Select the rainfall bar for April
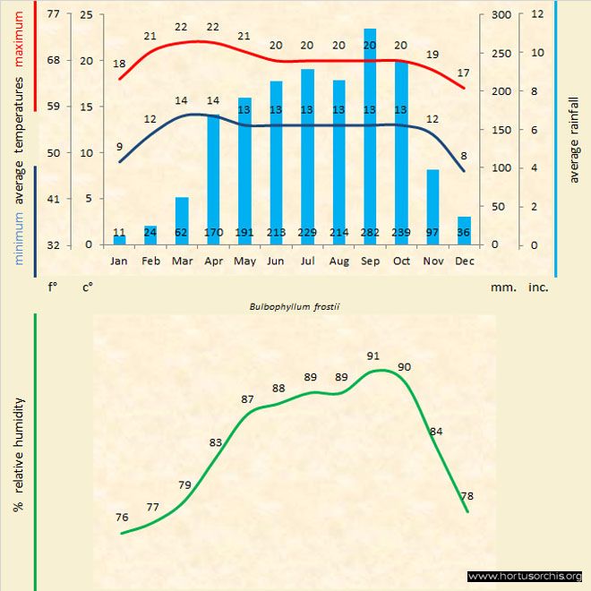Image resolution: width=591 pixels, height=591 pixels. (213, 179)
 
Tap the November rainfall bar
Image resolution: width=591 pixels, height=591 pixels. (433, 207)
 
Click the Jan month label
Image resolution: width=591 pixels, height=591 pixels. (119, 261)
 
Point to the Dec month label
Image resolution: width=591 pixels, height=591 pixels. (464, 261)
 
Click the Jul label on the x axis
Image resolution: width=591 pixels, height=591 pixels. (307, 261)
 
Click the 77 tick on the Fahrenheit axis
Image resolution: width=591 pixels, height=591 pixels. (53, 14)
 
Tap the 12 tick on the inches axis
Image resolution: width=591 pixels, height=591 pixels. (537, 14)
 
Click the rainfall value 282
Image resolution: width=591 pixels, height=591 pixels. (370, 233)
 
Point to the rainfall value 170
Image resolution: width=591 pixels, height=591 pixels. (213, 233)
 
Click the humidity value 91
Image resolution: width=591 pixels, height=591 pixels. (373, 355)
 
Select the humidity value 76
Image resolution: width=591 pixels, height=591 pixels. (122, 517)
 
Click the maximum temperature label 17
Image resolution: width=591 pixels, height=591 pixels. (462, 73)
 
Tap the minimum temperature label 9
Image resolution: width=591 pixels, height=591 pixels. (120, 147)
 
